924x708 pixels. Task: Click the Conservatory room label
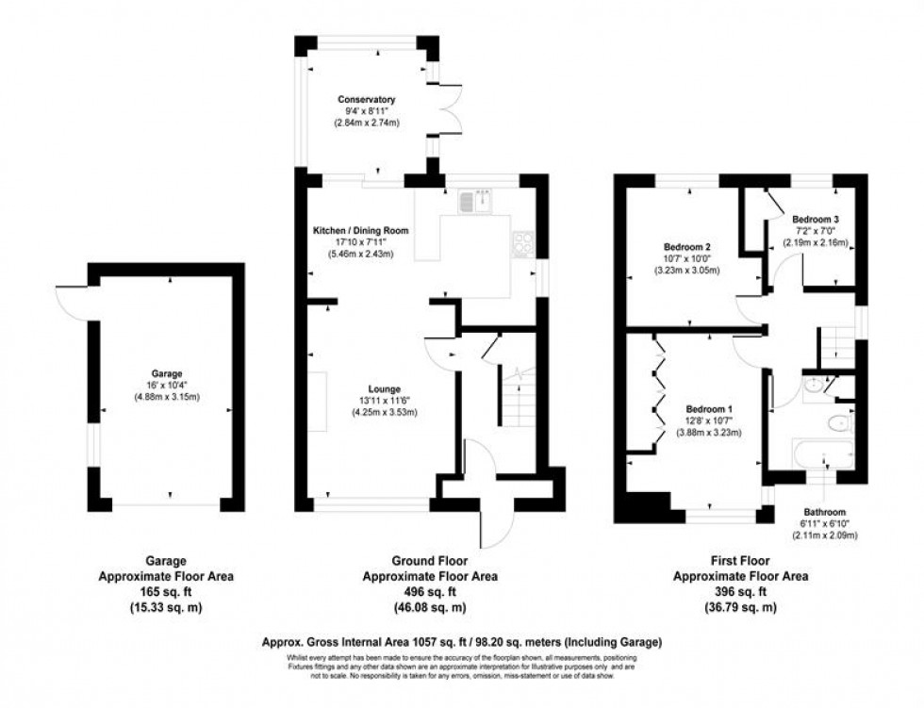(x=369, y=99)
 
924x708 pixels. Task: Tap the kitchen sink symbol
(x=473, y=199)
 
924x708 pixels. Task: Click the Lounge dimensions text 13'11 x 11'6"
(x=385, y=401)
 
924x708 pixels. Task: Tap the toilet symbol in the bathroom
(x=837, y=422)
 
